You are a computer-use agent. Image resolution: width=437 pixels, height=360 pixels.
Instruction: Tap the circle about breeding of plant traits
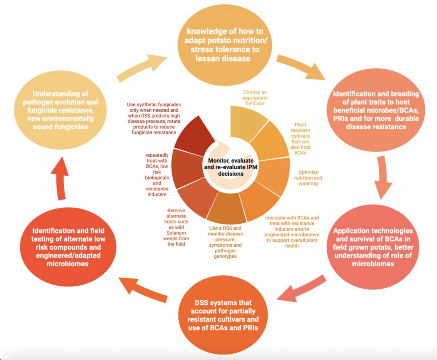click(376, 111)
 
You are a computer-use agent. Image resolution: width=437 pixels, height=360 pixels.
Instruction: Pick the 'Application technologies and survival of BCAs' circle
click(373, 247)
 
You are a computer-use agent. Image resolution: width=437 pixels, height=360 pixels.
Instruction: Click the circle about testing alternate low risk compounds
click(68, 247)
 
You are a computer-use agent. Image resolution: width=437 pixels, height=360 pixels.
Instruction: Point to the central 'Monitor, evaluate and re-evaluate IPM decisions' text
click(231, 167)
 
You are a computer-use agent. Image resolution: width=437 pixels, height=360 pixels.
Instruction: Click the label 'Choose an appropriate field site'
click(255, 98)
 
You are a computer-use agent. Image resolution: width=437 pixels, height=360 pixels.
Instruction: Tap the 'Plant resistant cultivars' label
click(300, 139)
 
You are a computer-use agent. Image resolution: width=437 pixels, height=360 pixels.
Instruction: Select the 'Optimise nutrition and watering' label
click(308, 178)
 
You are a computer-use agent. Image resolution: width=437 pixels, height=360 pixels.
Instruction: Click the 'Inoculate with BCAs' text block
click(292, 232)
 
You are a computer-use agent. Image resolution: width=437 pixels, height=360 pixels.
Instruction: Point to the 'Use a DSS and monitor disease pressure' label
click(225, 242)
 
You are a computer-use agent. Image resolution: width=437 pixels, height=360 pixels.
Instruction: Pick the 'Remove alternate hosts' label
click(176, 227)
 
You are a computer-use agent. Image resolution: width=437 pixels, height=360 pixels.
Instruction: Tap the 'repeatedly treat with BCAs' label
click(157, 175)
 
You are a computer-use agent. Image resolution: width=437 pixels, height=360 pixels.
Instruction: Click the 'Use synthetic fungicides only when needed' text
click(154, 118)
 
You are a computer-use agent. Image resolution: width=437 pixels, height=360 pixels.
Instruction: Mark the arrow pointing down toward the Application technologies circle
click(382, 178)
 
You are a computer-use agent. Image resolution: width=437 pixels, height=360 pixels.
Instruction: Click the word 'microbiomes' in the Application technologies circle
click(373, 264)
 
